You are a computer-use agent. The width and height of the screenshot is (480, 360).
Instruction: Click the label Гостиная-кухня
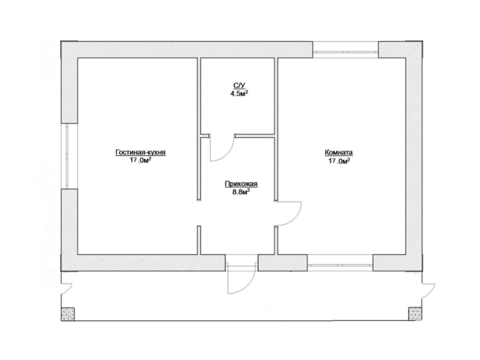[x=140, y=152]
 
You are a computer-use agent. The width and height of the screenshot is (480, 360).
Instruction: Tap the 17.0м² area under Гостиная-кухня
[x=140, y=160]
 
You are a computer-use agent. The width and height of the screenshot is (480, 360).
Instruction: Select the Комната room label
[x=338, y=152]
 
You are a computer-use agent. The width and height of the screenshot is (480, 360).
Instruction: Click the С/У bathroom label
[x=239, y=85]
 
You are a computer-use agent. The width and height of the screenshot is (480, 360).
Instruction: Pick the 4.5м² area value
[x=239, y=93]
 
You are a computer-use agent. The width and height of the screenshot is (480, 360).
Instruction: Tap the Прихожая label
[x=241, y=184]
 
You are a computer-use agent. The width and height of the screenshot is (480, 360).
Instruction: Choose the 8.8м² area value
[x=241, y=192]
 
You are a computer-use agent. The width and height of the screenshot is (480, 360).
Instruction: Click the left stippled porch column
[x=67, y=313]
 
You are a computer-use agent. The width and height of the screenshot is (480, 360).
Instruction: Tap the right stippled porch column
[x=415, y=313]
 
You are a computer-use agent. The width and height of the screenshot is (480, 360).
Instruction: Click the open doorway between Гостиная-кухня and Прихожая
[x=199, y=213]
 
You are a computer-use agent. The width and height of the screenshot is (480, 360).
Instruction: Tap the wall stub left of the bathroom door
[x=205, y=136]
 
